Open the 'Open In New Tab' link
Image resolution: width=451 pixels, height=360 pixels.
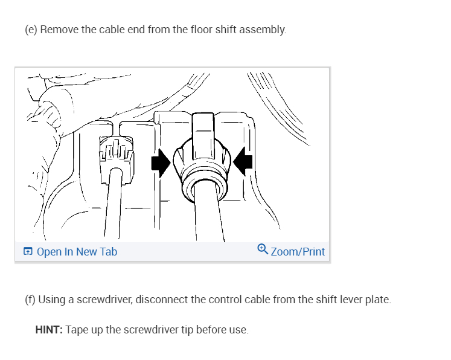click(77, 252)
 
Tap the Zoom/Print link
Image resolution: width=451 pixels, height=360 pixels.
click(298, 252)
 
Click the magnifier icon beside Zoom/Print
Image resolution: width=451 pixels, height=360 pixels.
click(262, 249)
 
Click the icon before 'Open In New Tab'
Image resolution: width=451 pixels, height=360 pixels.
click(28, 252)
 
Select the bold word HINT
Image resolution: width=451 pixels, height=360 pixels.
click(48, 330)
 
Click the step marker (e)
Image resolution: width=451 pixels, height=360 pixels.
click(31, 30)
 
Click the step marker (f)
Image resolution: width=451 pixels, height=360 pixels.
click(30, 300)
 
